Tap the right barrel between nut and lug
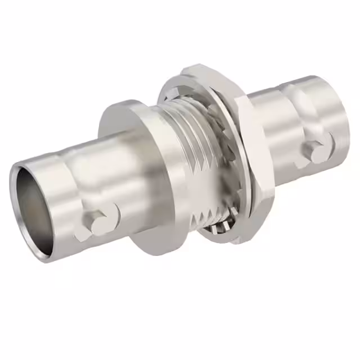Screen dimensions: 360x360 [276, 135]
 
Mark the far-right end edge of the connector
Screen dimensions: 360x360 [349, 121]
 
